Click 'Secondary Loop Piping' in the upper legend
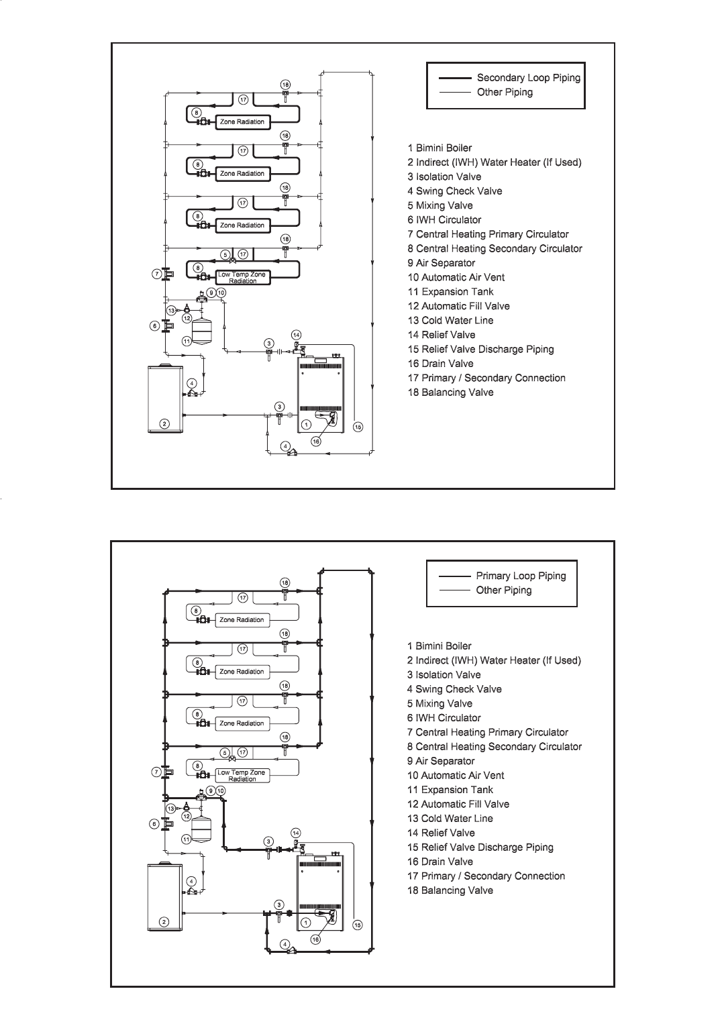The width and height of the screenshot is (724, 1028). (528, 78)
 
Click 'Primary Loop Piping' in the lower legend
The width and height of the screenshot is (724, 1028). (521, 576)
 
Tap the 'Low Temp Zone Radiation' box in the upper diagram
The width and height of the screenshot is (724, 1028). (242, 278)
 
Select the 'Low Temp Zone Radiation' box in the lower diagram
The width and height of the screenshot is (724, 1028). (242, 776)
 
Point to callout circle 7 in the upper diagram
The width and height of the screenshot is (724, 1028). (156, 274)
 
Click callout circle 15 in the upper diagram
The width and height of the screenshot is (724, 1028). (358, 427)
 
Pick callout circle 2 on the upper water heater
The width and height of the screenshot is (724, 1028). (164, 423)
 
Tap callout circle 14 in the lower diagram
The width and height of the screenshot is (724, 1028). (296, 833)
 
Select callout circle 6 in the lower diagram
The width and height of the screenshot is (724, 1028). (154, 823)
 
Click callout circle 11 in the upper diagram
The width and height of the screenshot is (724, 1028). (187, 341)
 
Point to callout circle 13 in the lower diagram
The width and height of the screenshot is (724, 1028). (172, 809)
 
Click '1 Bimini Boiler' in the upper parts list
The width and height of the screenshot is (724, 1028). (439, 148)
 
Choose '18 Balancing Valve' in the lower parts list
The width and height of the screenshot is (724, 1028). (450, 890)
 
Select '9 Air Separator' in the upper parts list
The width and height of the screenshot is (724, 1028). (441, 263)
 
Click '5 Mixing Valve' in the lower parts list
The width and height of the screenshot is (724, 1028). (439, 703)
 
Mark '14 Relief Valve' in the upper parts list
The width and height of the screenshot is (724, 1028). (441, 335)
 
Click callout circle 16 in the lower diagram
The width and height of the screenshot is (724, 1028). (316, 939)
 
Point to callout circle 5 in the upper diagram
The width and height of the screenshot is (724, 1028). (225, 254)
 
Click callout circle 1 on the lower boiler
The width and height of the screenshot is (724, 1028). (306, 923)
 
